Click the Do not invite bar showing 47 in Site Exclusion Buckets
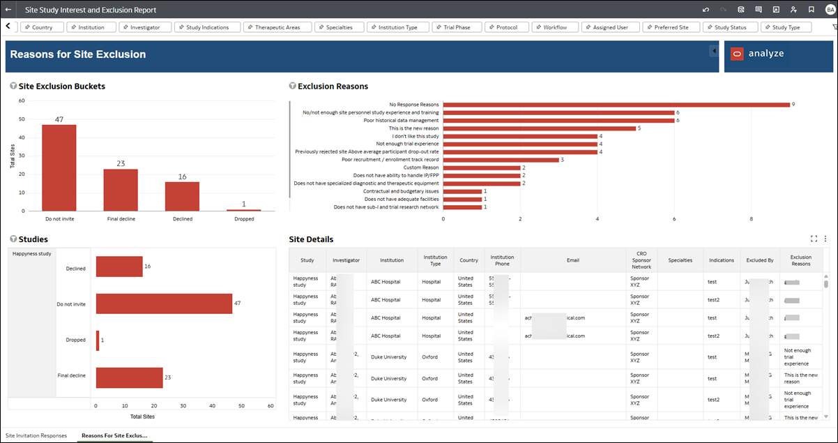point(59,167)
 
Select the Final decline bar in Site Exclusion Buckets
point(121,190)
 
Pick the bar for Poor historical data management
point(558,121)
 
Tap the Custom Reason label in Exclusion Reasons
point(421,167)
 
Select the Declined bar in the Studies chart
point(119,266)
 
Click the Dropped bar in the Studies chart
point(98,340)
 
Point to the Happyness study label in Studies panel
point(32,254)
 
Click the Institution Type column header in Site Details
point(436,260)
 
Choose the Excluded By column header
point(759,260)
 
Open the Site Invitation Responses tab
point(36,435)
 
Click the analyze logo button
point(757,54)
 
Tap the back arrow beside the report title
point(8,10)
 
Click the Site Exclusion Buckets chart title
point(62,87)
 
